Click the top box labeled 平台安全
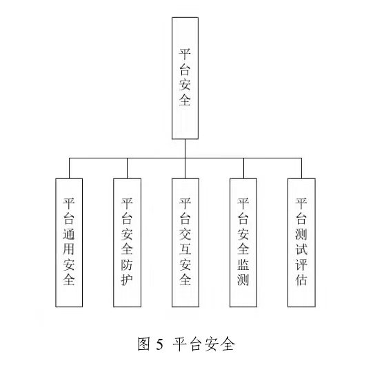click(185, 78)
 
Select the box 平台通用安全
click(69, 242)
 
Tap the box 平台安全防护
click(128, 242)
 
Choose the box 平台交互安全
click(185, 242)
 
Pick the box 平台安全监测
click(243, 242)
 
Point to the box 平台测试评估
click(301, 242)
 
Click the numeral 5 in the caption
click(160, 344)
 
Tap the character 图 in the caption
click(144, 344)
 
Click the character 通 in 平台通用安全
click(69, 233)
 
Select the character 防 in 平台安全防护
click(127, 264)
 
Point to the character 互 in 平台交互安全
click(185, 249)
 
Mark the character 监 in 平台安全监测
click(243, 264)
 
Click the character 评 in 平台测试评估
click(301, 264)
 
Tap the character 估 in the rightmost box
click(301, 280)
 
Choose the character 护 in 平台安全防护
click(127, 280)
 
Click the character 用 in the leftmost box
click(69, 249)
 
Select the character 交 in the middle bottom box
click(185, 233)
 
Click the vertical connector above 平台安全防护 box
click(127, 168)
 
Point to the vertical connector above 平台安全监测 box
click(243, 168)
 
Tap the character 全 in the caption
click(228, 344)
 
